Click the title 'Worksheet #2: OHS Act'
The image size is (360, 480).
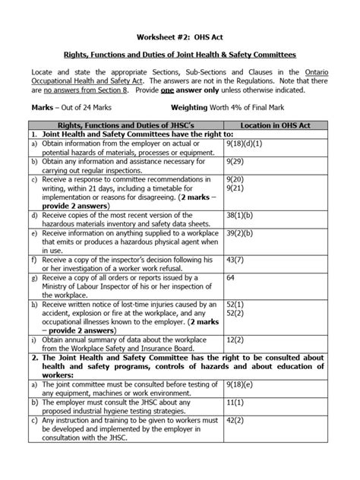click(180, 36)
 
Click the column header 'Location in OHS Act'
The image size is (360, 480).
click(278, 124)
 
